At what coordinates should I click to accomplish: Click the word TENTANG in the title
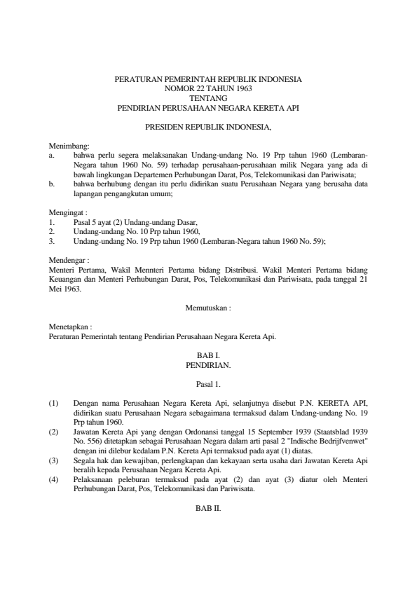pos(208,99)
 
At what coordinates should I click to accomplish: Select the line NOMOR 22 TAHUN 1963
pos(208,90)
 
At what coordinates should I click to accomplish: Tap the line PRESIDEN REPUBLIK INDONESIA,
pos(208,128)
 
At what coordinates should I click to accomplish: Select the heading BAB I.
pos(208,356)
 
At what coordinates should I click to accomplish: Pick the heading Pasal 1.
pos(208,383)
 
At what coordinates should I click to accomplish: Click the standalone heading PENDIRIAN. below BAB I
pos(208,365)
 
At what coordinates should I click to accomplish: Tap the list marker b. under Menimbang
pos(52,183)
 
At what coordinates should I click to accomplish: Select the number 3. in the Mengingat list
pos(52,240)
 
